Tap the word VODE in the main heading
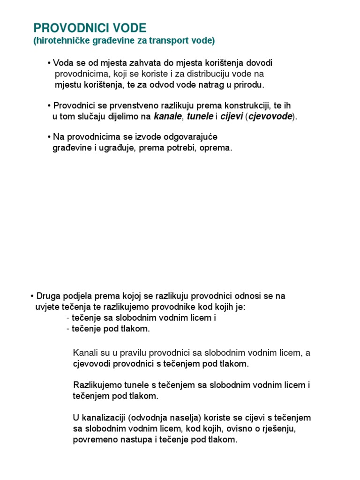[129, 28]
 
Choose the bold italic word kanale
[167, 117]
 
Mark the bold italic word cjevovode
[270, 117]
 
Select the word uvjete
[46, 307]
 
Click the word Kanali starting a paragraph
[85, 352]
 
